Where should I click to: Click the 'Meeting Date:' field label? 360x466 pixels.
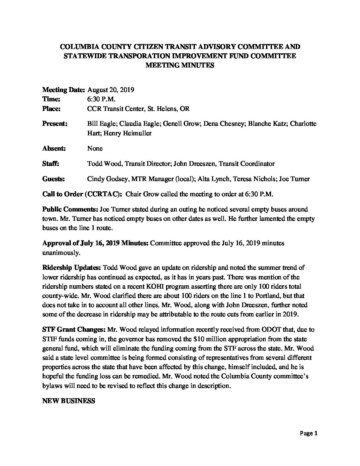(64, 90)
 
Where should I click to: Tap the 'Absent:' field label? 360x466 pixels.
(54, 149)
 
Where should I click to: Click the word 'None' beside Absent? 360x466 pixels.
(95, 149)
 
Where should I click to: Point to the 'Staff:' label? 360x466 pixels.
(51, 164)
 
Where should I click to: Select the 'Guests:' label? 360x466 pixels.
(54, 179)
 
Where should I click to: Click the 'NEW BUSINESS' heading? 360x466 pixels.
(69, 401)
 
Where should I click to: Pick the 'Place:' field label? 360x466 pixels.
(51, 109)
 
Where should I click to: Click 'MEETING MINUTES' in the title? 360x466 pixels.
(180, 66)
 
